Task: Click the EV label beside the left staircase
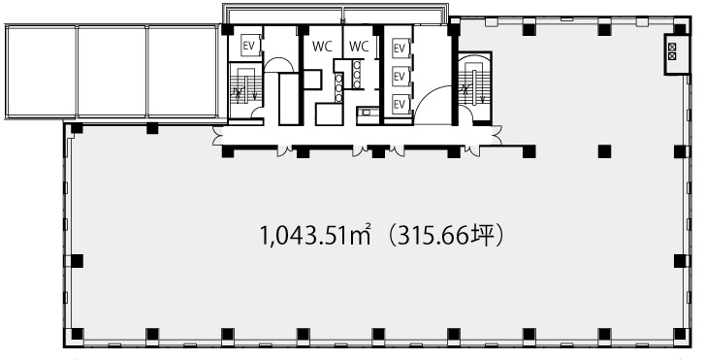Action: point(248,46)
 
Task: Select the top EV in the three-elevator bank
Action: point(400,49)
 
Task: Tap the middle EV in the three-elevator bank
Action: point(400,77)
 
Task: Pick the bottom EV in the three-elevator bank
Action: point(400,104)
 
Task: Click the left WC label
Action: point(322,47)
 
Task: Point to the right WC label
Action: point(359,47)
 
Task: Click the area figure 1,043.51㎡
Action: point(315,237)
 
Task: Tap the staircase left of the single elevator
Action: point(245,89)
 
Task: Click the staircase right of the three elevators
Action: point(475,87)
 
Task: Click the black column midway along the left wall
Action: point(77,261)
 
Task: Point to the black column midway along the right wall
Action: point(680,261)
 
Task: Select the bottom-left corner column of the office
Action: point(77,334)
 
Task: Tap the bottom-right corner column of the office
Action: point(680,334)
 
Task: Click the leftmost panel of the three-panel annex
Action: point(41,71)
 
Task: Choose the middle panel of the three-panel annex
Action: point(112,71)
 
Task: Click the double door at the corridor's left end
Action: point(217,136)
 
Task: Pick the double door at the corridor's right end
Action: point(497,136)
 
